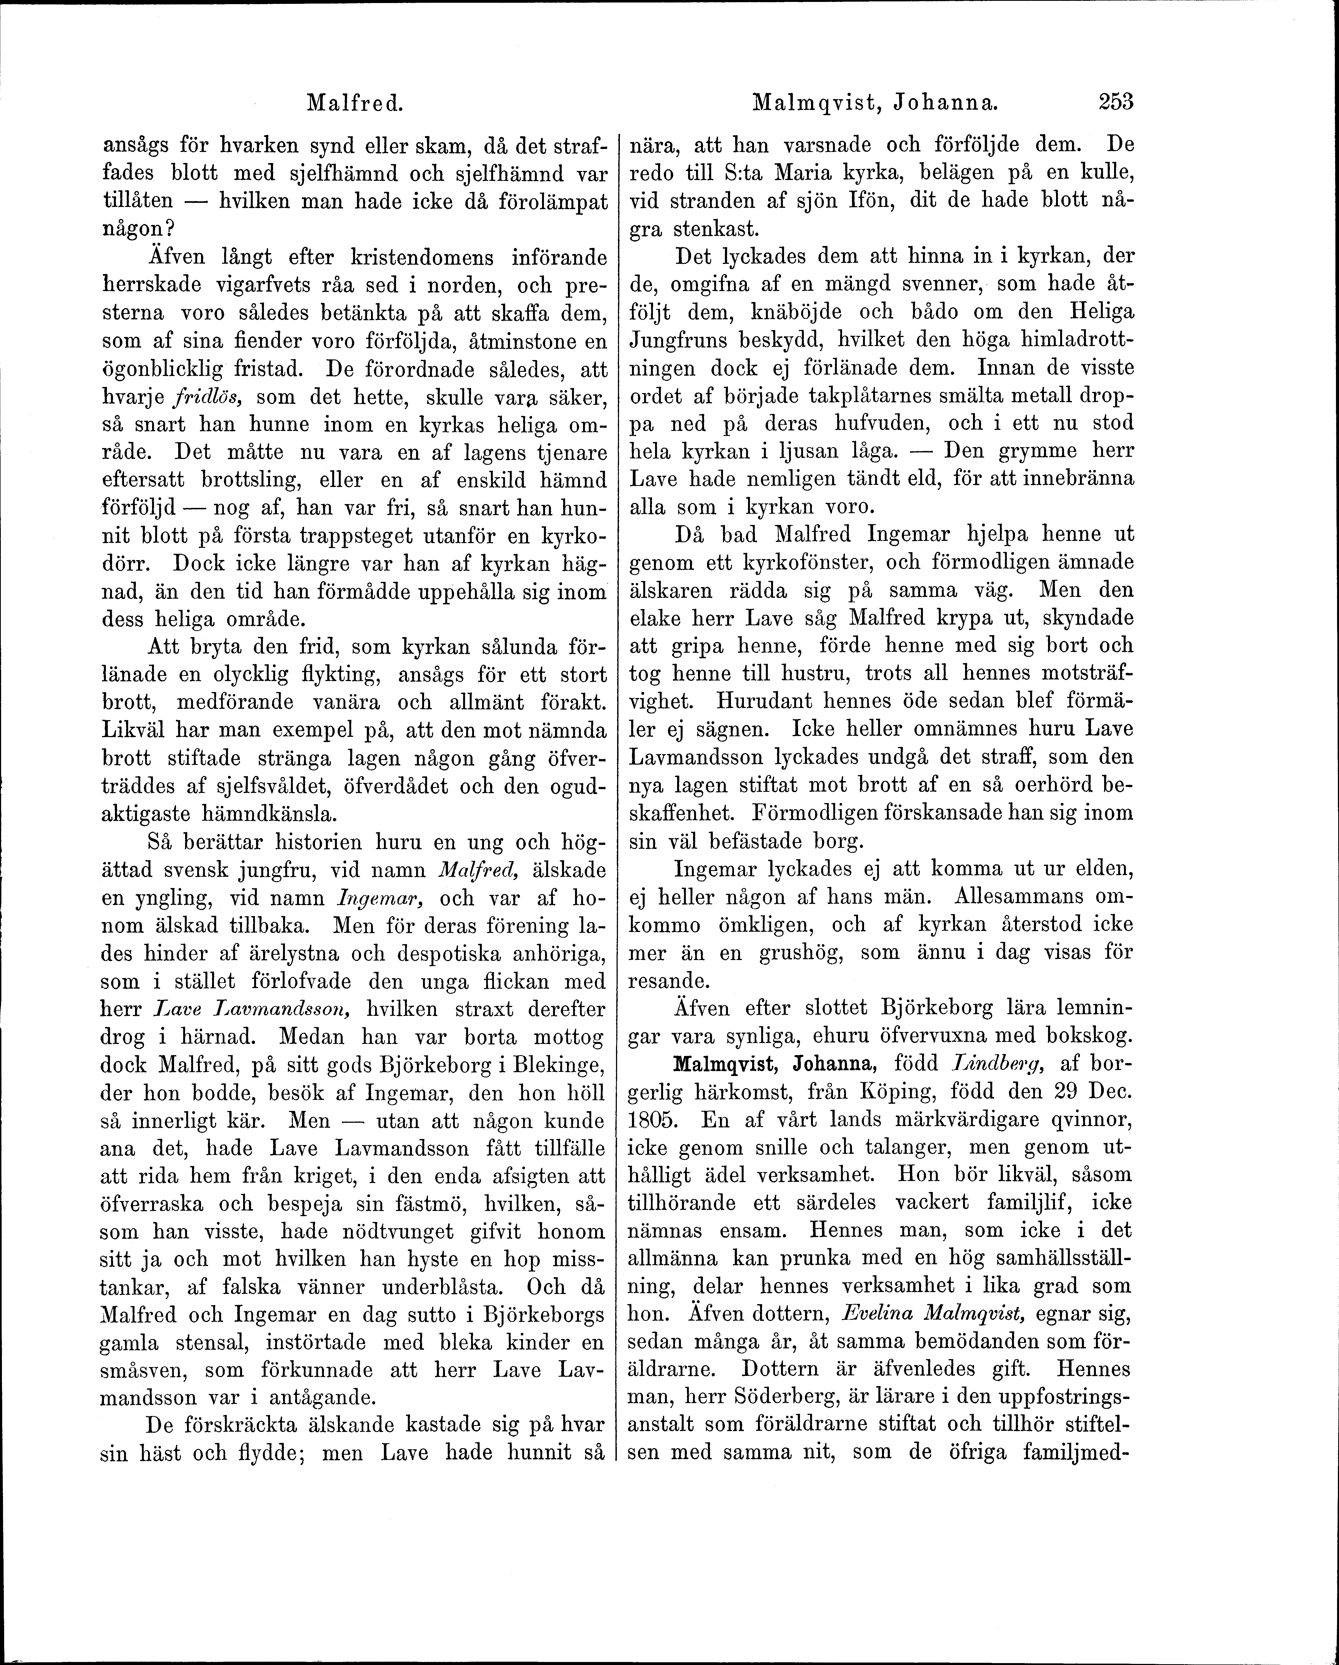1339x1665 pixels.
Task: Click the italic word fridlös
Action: [204, 398]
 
